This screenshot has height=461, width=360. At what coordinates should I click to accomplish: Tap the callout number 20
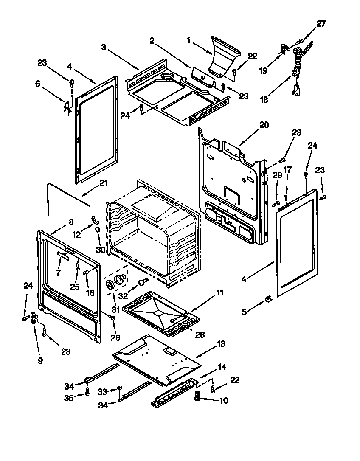coord(264,125)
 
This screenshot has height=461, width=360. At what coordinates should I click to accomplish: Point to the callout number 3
coord(104,47)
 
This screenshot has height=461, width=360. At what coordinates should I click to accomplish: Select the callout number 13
coord(221,343)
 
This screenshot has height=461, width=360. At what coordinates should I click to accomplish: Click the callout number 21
coord(104,183)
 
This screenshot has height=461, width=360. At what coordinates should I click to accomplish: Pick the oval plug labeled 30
coord(97,230)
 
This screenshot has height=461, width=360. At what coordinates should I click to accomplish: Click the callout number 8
coord(70,222)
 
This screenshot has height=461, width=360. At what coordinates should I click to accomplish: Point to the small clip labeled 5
coord(268,299)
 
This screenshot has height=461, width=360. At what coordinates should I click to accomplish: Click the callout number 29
coord(277,176)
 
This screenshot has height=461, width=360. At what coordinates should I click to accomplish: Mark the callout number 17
coord(287,170)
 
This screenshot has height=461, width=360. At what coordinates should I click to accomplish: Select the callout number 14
coord(222,367)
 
